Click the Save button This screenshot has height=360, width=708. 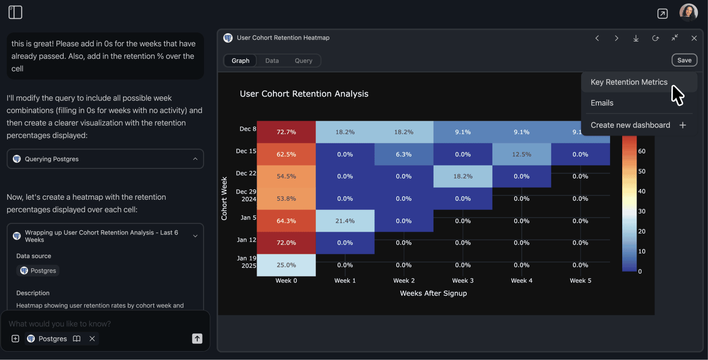pos(684,60)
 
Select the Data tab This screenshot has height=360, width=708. pos(272,61)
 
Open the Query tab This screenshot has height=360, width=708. pos(303,61)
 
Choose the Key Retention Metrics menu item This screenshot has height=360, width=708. pos(629,82)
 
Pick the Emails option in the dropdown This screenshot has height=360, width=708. pos(602,103)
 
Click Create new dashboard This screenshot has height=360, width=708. pos(630,125)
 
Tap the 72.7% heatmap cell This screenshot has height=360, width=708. pos(286,132)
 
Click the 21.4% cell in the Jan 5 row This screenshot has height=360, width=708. pos(345,221)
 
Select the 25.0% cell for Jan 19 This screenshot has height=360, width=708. pos(286,265)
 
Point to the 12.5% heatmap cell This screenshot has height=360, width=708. pos(521,154)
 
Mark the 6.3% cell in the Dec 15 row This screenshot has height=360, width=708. pos(404,154)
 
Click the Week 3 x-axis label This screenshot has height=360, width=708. pos(463,280)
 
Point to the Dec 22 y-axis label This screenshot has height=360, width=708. pos(246,173)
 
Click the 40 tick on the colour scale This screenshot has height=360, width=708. pos(641,192)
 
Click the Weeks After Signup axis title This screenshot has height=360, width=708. pos(433,293)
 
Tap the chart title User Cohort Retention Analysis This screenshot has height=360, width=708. pos(304,94)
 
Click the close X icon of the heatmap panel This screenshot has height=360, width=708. pos(694,38)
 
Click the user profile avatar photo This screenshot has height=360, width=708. pos(688,13)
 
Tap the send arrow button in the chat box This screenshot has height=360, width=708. pos(197,339)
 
